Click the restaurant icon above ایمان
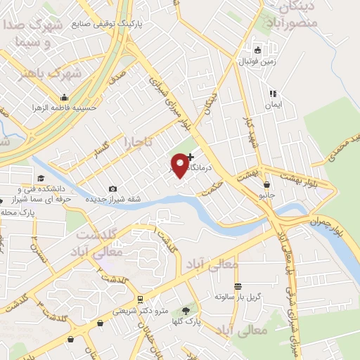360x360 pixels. pyautogui.click(x=272, y=93)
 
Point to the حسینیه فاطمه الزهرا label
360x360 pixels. pyautogui.click(x=61, y=108)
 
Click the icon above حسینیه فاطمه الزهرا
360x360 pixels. pyautogui.click(x=64, y=97)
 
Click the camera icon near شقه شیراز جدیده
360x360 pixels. pyautogui.click(x=112, y=188)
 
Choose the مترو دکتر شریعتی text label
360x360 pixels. pyautogui.click(x=141, y=310)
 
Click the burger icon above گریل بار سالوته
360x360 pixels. pyautogui.click(x=238, y=286)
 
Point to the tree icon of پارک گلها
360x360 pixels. pyautogui.click(x=186, y=310)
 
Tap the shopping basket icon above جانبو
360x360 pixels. pyautogui.click(x=266, y=184)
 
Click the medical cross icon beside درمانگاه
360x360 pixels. pyautogui.click(x=191, y=156)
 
